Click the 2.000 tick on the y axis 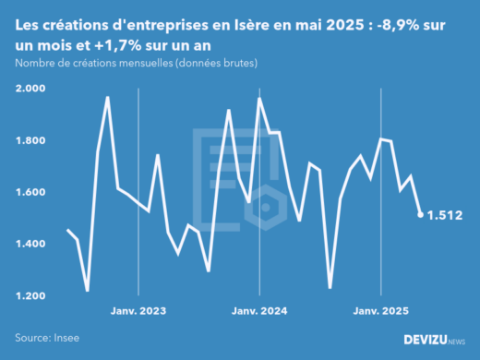point(33,89)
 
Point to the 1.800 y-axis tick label point(33,140)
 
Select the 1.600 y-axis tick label point(33,192)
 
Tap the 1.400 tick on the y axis point(33,244)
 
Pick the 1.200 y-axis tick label point(33,295)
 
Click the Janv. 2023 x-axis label point(138,311)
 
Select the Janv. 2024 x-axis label point(258,311)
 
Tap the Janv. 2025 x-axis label point(379,311)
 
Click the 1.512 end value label point(444,215)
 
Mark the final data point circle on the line point(421,214)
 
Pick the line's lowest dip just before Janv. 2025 point(330,287)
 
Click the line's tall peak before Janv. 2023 point(108,97)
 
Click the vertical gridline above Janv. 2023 point(138,185)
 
